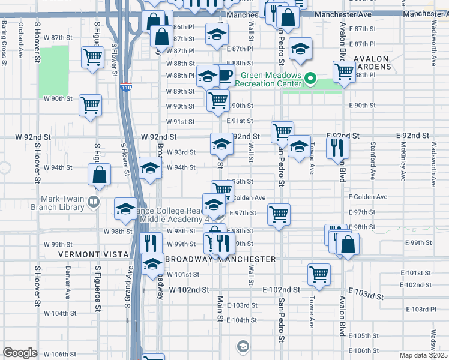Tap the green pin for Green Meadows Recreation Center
(310, 79)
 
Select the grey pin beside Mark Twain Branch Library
(93, 202)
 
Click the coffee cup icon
(225, 75)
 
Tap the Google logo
(20, 353)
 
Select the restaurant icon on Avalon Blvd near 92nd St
(337, 147)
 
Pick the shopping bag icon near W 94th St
(100, 175)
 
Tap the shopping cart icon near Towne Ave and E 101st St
(319, 274)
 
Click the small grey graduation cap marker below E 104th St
(243, 346)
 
